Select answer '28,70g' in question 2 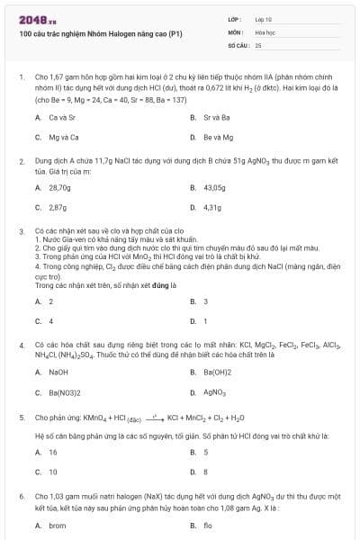click(59, 187)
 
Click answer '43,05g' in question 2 click(214, 187)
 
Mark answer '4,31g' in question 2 click(212, 207)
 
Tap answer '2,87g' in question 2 click(58, 207)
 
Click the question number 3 click(21, 230)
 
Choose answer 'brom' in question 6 click(58, 525)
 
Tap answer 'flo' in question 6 click(208, 525)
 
